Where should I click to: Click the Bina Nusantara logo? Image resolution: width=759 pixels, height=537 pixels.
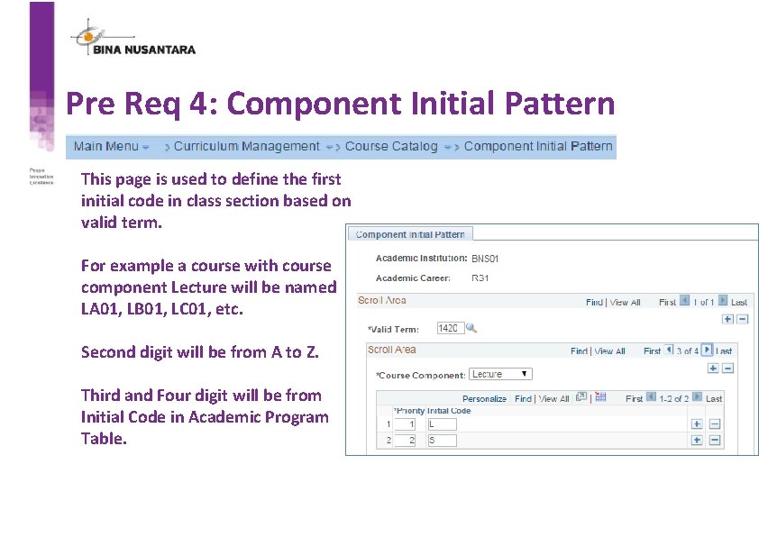133,40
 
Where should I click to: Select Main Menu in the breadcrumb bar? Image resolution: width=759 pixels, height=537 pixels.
106,146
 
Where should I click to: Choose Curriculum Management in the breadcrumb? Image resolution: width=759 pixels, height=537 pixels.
246,146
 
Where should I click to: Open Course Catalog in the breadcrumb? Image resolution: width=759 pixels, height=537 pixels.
391,146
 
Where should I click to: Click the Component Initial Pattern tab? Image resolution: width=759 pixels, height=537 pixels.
409,234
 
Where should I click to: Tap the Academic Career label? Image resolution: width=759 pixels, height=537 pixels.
412,278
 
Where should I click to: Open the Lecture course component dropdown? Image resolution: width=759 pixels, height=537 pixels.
500,374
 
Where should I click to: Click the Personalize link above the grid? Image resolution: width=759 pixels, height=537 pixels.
484,398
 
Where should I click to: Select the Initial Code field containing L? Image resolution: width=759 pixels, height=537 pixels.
442,423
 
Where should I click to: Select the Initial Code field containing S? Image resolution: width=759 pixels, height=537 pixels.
442,441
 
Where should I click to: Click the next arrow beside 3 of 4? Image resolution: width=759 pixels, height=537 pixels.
707,350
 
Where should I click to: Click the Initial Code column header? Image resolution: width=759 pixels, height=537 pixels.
448,411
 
